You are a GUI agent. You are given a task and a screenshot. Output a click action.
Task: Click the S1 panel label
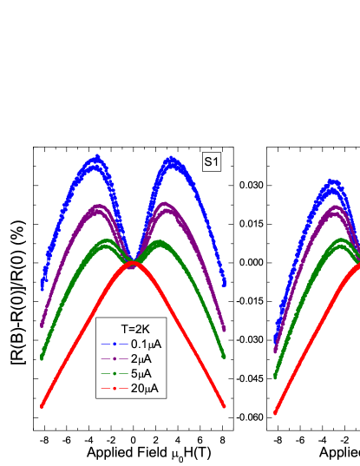pyautogui.click(x=212, y=161)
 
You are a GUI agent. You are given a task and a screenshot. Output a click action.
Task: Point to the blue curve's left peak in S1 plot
pyautogui.click(x=95, y=158)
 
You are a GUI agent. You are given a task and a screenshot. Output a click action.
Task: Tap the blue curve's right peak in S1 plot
pyautogui.click(x=173, y=159)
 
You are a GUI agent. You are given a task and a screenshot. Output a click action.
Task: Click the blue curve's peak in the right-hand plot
pyautogui.click(x=332, y=182)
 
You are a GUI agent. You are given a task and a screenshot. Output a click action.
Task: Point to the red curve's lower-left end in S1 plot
pyautogui.click(x=42, y=405)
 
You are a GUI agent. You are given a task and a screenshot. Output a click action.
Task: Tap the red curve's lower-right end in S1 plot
pyautogui.click(x=226, y=405)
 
